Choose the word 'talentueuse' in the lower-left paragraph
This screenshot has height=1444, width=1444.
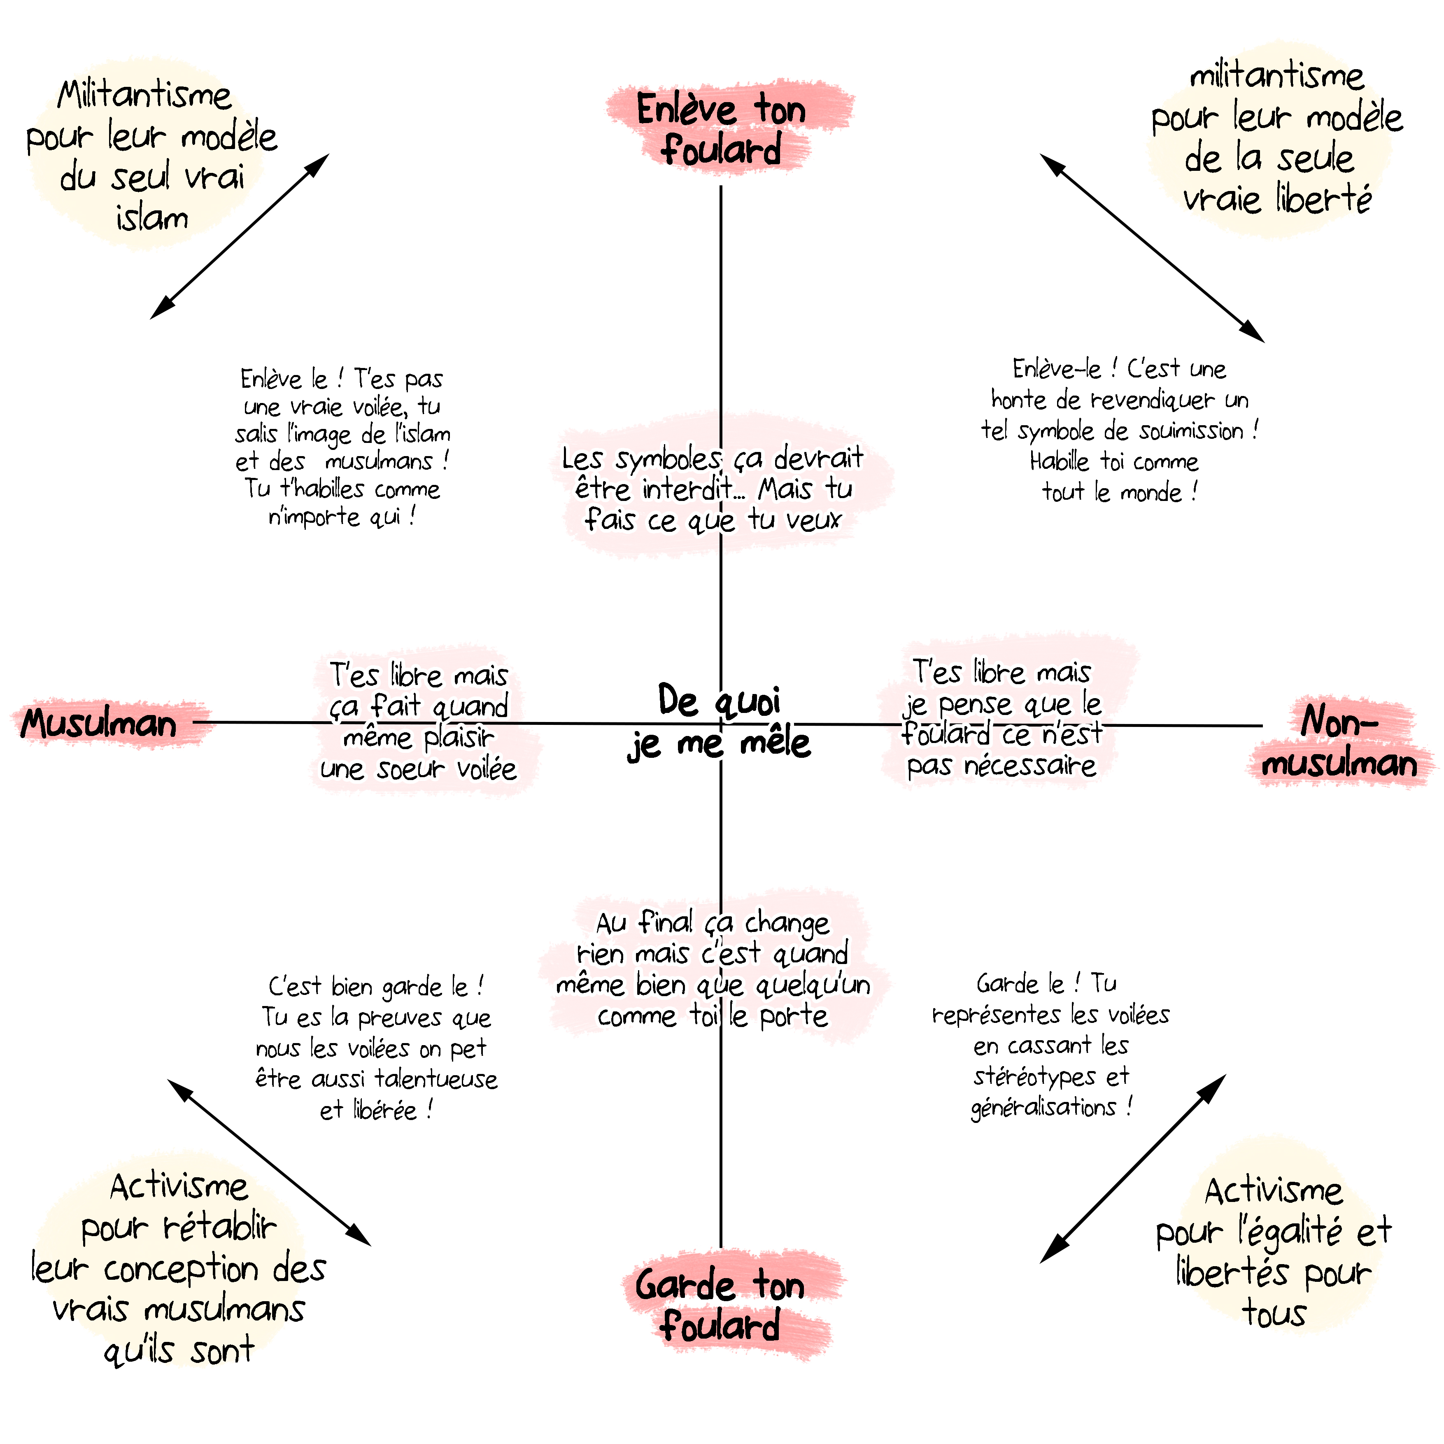[x=436, y=1079]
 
